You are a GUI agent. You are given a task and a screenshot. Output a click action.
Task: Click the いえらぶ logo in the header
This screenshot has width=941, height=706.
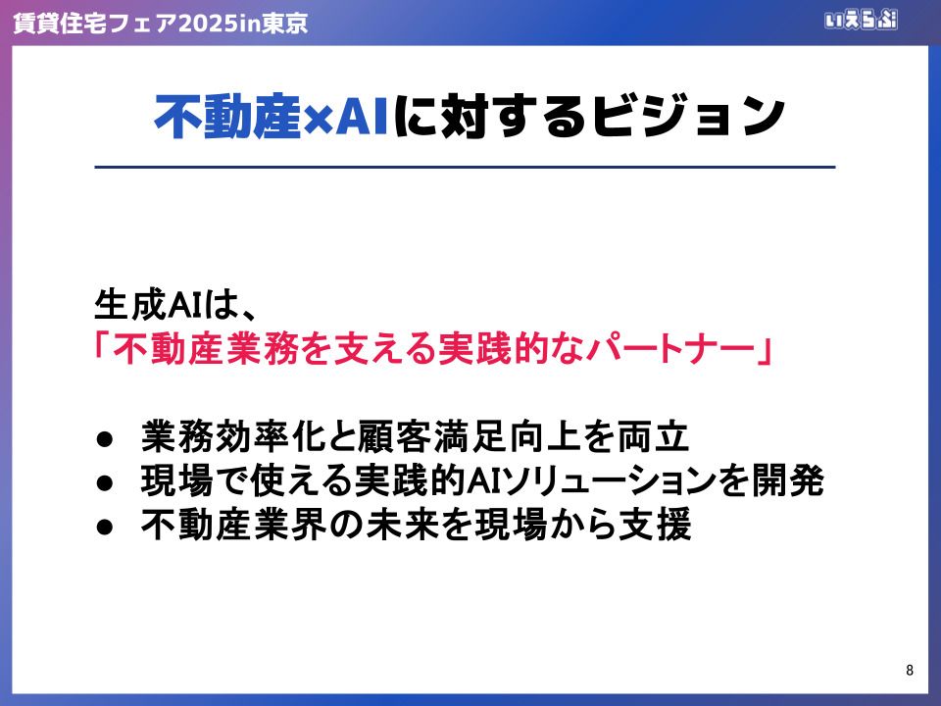[x=862, y=20]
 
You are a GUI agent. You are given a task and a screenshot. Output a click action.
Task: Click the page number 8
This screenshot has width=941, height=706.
[x=910, y=670]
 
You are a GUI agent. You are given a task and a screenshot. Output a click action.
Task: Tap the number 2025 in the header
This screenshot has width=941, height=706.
[x=201, y=23]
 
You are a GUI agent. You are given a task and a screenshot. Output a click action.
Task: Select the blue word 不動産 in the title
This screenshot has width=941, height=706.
[x=226, y=117]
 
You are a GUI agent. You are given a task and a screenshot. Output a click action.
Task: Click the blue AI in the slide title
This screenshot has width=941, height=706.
[x=362, y=117]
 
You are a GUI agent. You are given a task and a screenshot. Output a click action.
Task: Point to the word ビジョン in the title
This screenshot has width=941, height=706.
[x=688, y=117]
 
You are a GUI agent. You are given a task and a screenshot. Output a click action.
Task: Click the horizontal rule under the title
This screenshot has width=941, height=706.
[x=465, y=167]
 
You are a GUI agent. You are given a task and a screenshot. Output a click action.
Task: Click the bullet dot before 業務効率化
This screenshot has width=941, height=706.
[x=105, y=439]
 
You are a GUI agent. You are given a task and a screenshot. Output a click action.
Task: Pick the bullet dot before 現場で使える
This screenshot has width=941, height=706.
[x=105, y=482]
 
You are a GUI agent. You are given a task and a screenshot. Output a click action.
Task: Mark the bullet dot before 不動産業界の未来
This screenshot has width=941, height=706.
[x=105, y=527]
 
